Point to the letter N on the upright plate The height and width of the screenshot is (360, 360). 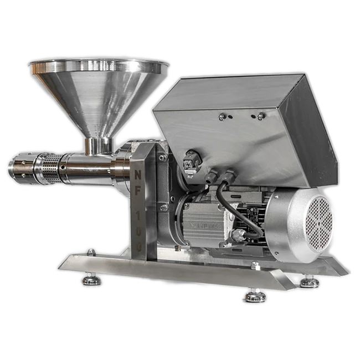click(x=137, y=175)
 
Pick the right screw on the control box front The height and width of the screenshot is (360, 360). click(x=260, y=116)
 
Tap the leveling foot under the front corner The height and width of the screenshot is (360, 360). click(x=255, y=296)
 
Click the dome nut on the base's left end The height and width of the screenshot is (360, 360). click(x=91, y=252)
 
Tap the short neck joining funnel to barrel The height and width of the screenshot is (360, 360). click(x=98, y=146)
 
